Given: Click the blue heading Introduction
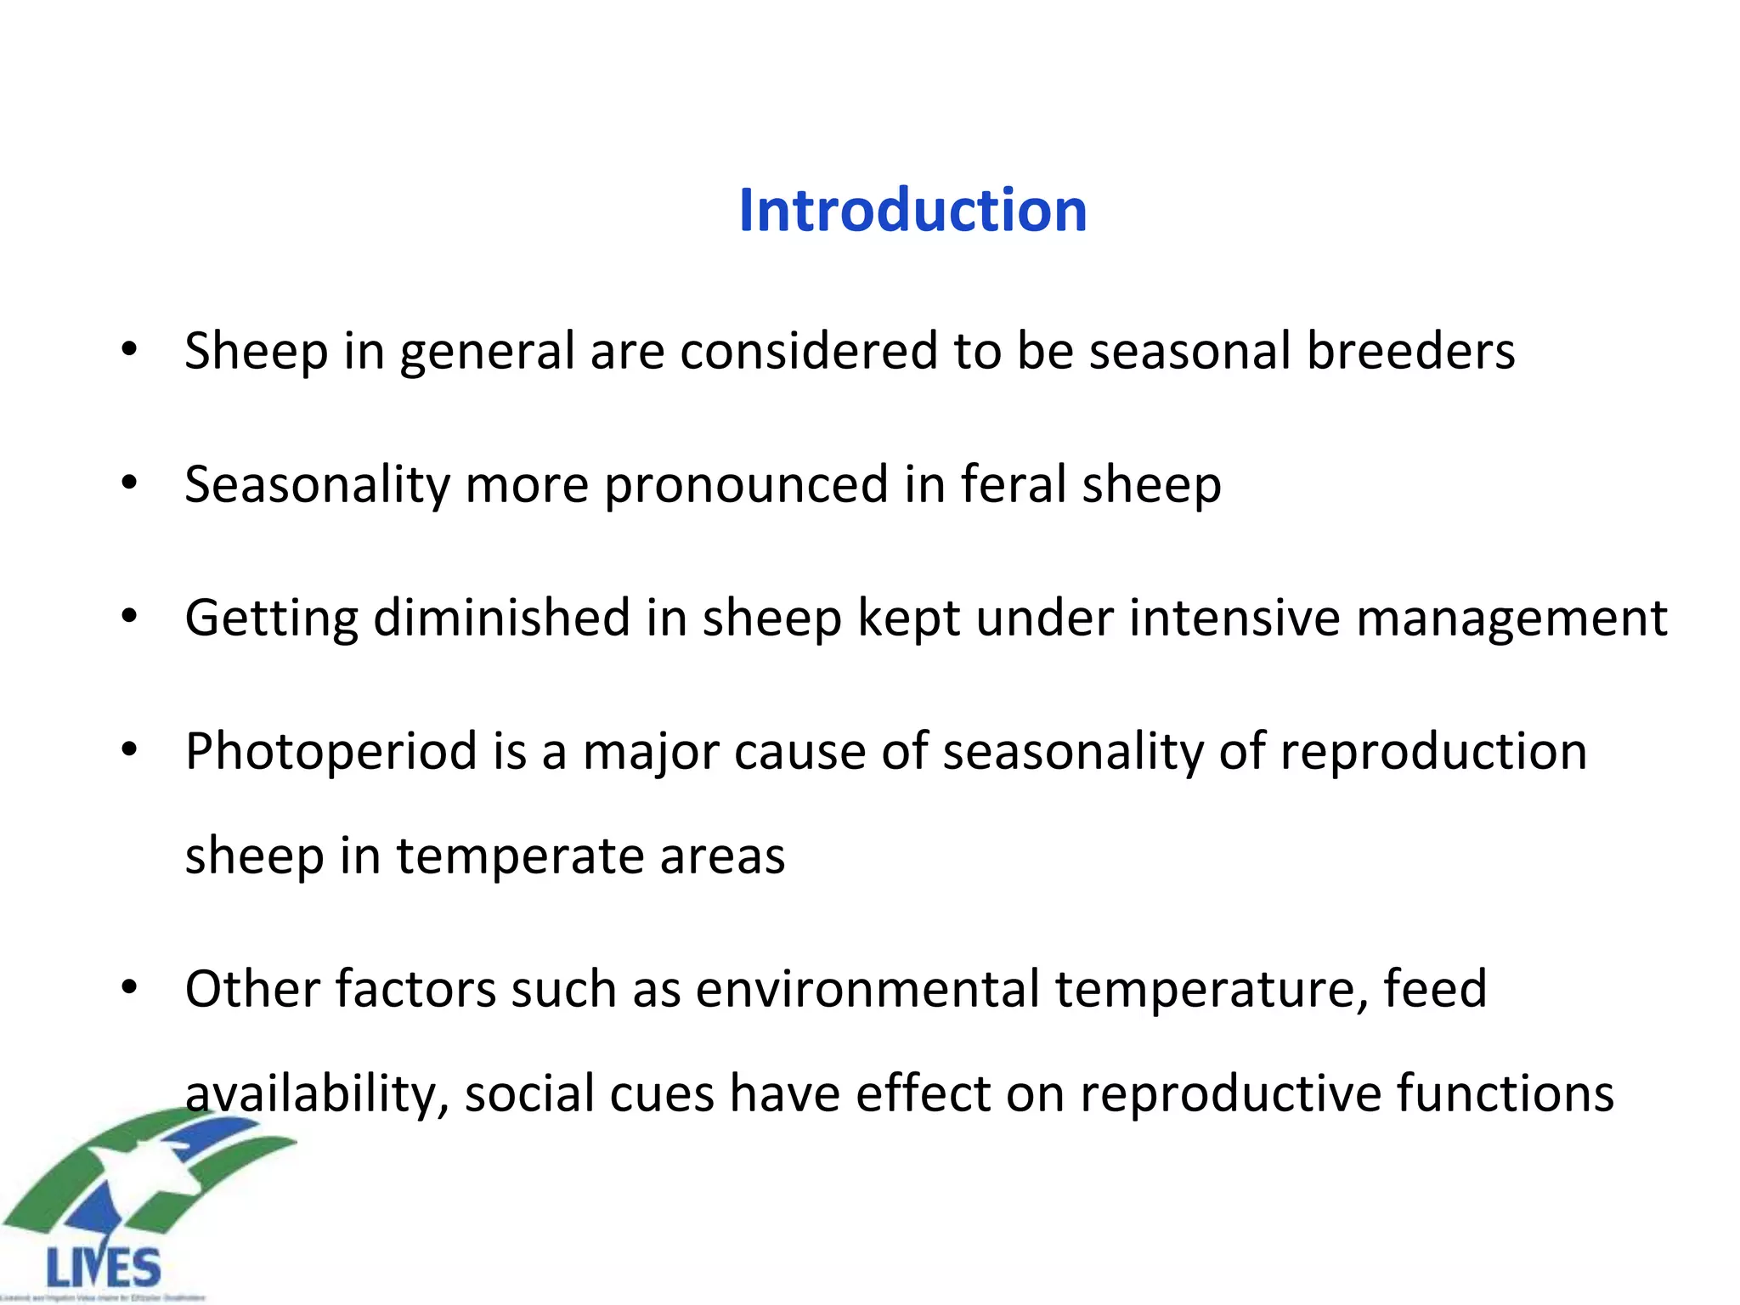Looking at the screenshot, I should pos(912,210).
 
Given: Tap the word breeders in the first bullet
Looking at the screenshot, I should pos(1410,351).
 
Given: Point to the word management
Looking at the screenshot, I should pos(1511,618).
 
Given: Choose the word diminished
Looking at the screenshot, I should pos(501,618).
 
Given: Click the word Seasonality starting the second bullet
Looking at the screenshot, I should pos(317,485).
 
